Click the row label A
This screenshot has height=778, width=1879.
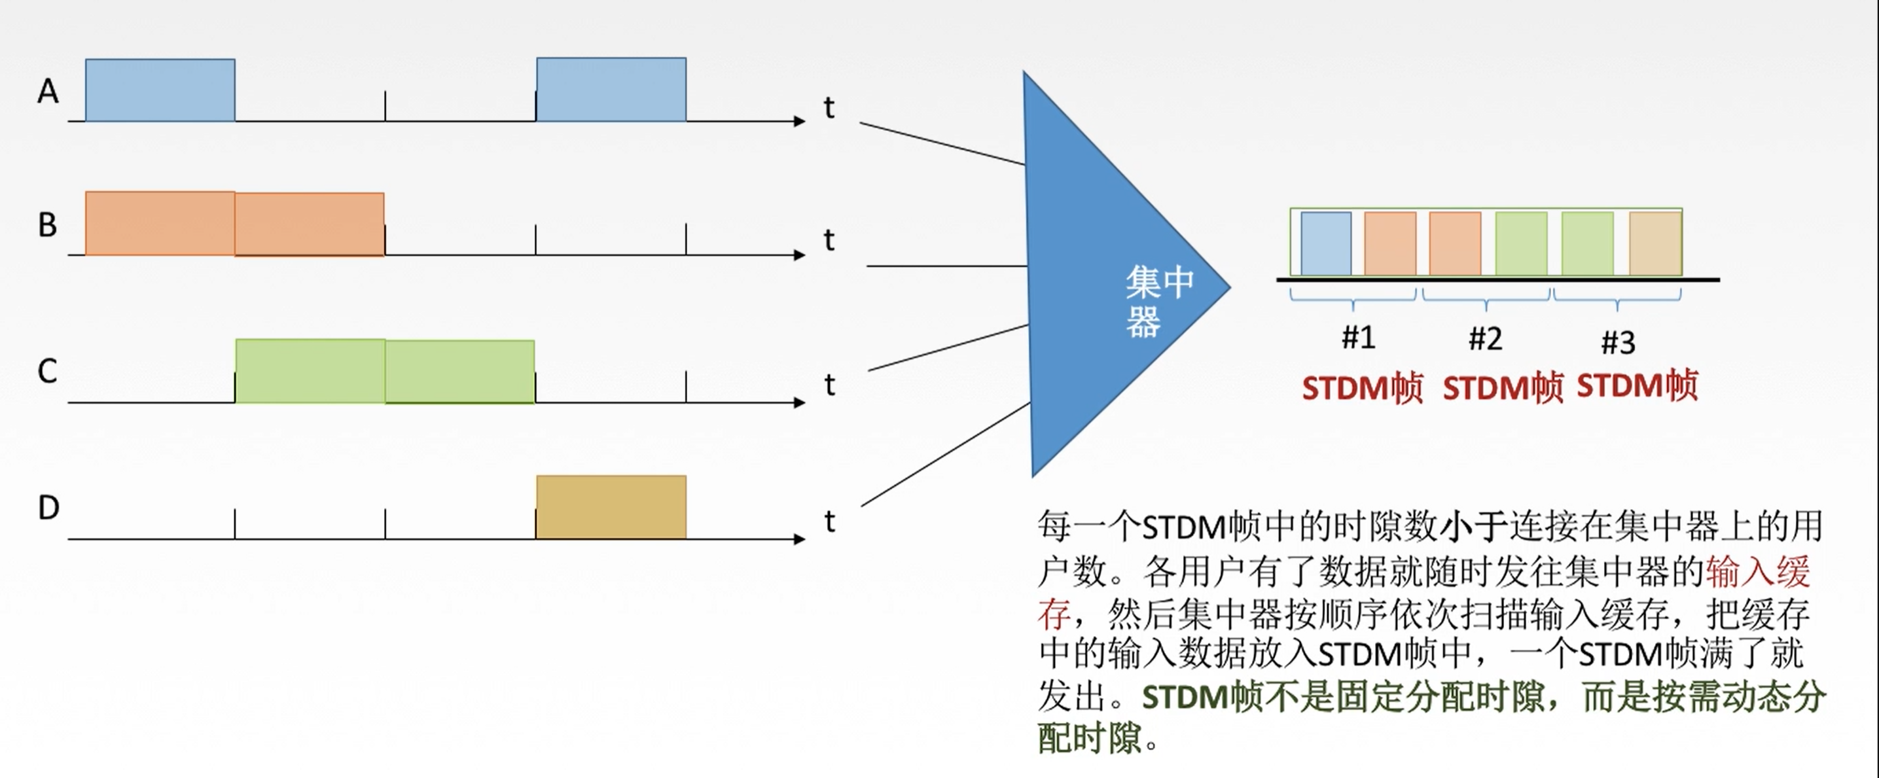coord(48,92)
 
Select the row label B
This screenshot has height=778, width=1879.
coord(47,225)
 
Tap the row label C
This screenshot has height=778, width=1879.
coord(47,372)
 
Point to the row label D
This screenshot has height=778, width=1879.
coord(48,508)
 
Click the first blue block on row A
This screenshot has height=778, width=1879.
coord(160,90)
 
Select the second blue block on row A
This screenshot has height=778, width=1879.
coord(611,90)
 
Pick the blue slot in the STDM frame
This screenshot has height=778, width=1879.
coord(1325,243)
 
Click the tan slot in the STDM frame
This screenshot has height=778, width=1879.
coord(1655,243)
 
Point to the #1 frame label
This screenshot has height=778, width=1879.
coord(1358,338)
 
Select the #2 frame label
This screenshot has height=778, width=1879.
coord(1485,339)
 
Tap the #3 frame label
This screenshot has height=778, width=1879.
coord(1618,342)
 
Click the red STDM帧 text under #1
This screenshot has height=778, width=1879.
coord(1362,388)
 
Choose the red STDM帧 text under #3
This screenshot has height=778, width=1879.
coord(1637,385)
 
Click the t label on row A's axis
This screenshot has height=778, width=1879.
coord(829,108)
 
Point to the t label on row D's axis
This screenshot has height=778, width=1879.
coord(829,522)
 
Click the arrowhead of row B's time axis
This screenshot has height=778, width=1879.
coord(800,255)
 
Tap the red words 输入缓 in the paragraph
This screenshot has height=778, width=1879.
coord(1757,572)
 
